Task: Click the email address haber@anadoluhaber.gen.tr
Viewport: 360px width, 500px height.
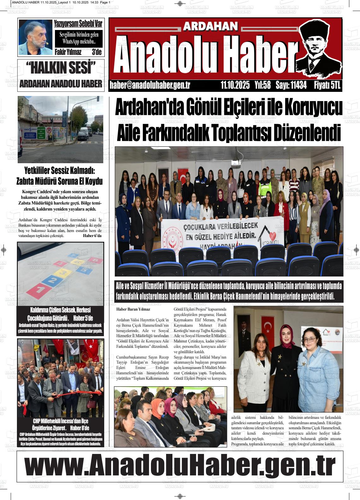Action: pyautogui.click(x=150, y=85)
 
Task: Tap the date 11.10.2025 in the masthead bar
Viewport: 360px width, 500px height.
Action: pyautogui.click(x=235, y=85)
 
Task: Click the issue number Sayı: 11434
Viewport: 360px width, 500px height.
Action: pyautogui.click(x=291, y=85)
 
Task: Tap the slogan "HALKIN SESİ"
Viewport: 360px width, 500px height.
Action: pyautogui.click(x=61, y=68)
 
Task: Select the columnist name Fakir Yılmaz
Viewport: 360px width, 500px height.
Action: pyautogui.click(x=68, y=52)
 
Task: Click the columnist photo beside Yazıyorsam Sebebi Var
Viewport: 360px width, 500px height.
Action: pyautogui.click(x=35, y=37)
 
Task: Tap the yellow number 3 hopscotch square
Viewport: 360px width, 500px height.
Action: pyautogui.click(x=63, y=272)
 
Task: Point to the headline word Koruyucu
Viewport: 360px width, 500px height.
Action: pyautogui.click(x=313, y=108)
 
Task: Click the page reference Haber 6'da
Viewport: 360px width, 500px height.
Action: pyautogui.click(x=92, y=235)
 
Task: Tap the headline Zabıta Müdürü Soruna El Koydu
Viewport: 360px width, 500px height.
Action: pyautogui.click(x=59, y=182)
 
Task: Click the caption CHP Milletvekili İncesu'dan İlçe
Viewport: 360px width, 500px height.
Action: pyautogui.click(x=61, y=421)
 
